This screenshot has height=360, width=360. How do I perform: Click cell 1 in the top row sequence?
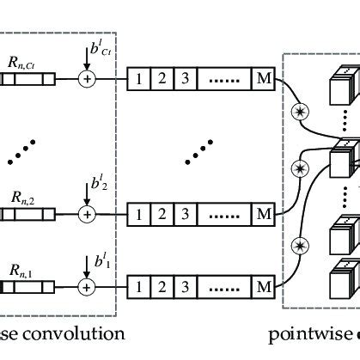point(137,80)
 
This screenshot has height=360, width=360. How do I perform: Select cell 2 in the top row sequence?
point(161,80)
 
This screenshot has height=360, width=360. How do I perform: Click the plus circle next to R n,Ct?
point(87,80)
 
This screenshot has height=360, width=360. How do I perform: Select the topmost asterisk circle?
point(301,112)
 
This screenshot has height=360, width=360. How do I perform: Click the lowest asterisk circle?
point(301,247)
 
